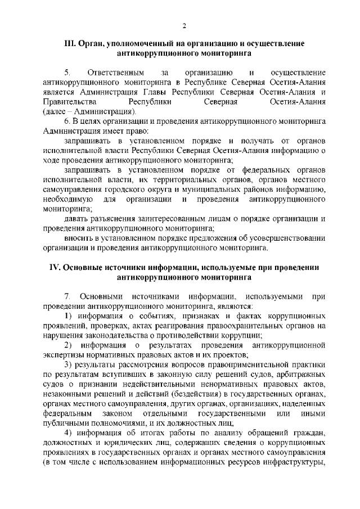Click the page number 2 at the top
(x=184, y=25)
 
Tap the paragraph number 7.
(x=67, y=296)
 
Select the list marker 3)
(x=68, y=364)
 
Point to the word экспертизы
(x=65, y=355)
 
